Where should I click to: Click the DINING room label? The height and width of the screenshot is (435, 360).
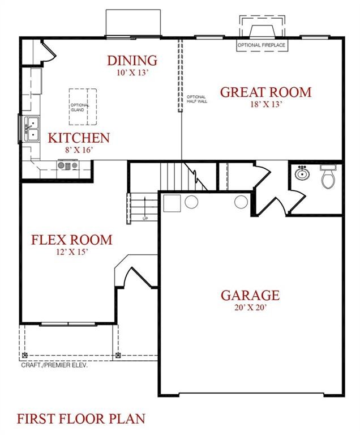click(132, 61)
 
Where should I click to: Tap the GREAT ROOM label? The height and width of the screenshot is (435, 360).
click(265, 92)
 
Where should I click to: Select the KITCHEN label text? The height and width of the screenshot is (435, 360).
click(79, 138)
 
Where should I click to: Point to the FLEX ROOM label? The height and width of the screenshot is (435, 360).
click(71, 240)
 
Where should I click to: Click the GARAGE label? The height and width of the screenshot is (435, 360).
click(250, 295)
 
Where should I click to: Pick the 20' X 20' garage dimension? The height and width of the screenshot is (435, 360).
click(250, 308)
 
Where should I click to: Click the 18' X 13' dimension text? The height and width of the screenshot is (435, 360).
click(266, 104)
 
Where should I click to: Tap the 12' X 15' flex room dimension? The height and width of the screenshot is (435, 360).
click(72, 252)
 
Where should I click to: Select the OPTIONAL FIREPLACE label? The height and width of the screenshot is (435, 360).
click(262, 45)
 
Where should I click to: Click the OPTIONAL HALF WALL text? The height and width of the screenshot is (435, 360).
click(197, 99)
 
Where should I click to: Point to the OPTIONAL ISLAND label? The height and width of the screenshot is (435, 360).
click(79, 108)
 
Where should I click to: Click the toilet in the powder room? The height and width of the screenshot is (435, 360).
click(328, 177)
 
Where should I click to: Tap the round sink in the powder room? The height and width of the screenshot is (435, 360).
click(302, 173)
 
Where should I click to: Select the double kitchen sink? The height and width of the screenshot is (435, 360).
click(32, 129)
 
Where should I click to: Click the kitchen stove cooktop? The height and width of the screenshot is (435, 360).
click(68, 165)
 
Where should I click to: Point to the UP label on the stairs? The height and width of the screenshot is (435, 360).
click(145, 219)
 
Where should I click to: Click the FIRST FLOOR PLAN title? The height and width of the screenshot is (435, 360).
click(81, 419)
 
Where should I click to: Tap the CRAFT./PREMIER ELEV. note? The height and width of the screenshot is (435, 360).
click(54, 365)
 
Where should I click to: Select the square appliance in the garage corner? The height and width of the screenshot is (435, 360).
click(172, 203)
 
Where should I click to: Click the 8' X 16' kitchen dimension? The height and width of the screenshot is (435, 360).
click(79, 150)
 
